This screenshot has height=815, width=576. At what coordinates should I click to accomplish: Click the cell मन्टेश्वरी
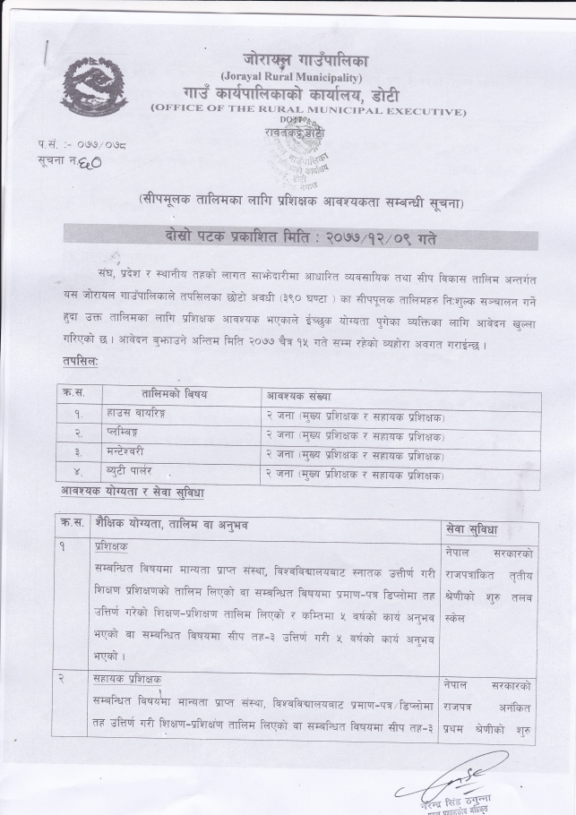(x=127, y=454)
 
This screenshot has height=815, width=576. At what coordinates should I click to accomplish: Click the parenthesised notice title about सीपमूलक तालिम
(x=300, y=198)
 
